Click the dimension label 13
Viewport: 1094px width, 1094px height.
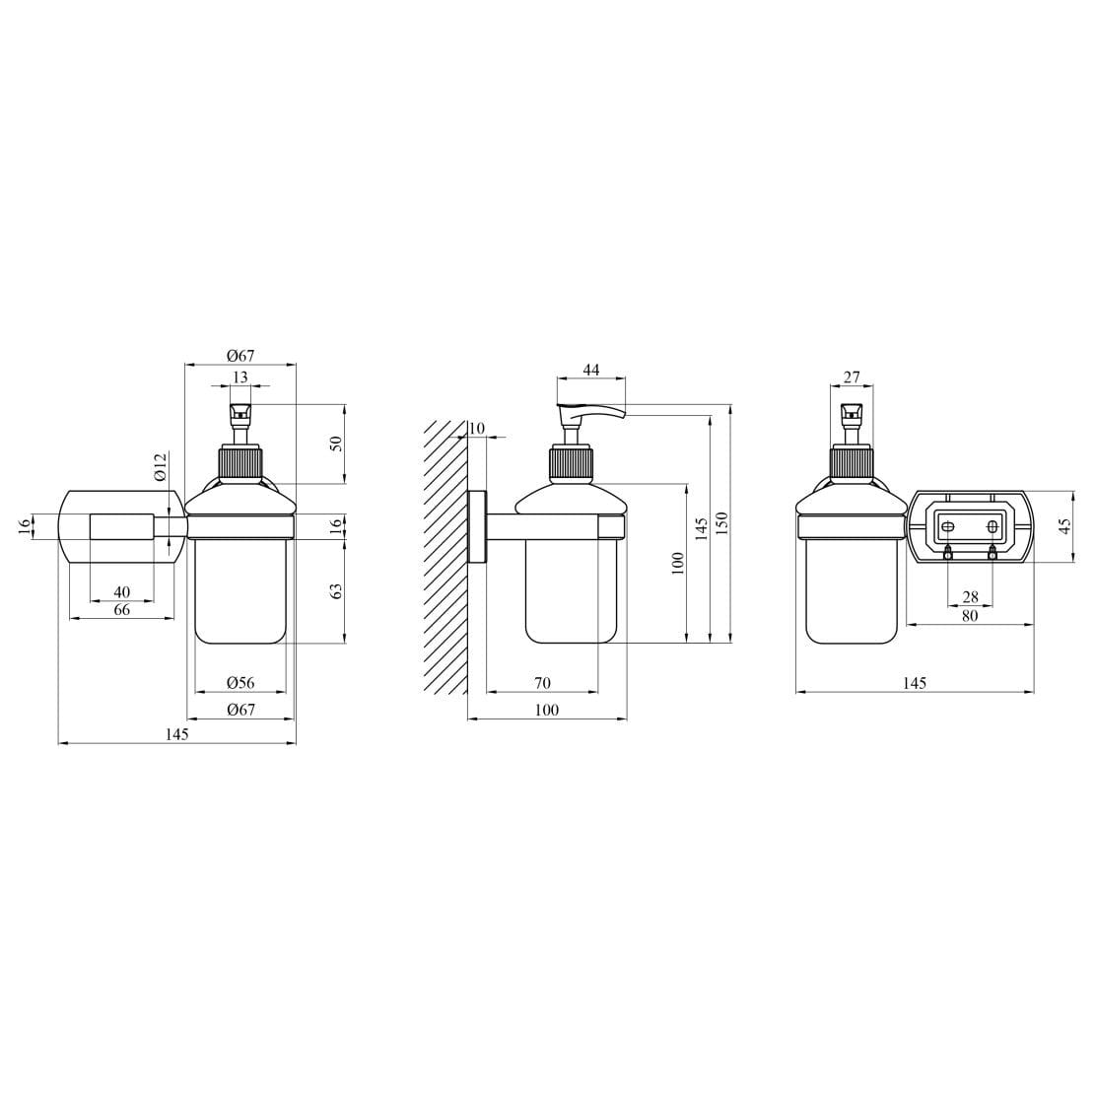click(240, 377)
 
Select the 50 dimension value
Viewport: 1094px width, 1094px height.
click(336, 444)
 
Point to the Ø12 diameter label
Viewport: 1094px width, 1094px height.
click(161, 466)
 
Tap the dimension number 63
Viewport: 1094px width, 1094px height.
click(336, 591)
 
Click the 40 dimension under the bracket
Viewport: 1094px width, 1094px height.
click(122, 591)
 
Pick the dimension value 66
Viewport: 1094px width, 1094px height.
click(122, 610)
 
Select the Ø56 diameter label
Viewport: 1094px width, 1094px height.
click(240, 683)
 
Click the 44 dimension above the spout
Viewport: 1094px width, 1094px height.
click(591, 370)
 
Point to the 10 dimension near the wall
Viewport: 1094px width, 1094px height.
click(477, 428)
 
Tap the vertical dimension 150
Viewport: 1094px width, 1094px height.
click(722, 523)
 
